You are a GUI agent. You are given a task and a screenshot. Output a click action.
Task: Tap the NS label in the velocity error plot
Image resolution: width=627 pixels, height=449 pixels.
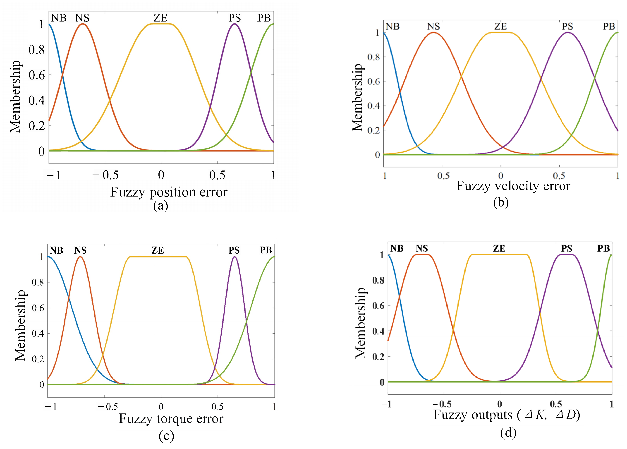click(433, 26)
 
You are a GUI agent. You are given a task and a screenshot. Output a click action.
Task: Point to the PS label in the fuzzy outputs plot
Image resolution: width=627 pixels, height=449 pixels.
click(566, 248)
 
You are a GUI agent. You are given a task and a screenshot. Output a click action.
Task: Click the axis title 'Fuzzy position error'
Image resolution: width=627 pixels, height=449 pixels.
click(169, 192)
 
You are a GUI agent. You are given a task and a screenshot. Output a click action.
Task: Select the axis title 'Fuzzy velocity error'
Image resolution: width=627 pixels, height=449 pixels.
click(513, 186)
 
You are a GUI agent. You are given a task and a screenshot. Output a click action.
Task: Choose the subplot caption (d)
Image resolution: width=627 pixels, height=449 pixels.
click(508, 433)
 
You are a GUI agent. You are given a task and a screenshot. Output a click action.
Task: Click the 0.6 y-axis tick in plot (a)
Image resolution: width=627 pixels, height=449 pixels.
click(36, 75)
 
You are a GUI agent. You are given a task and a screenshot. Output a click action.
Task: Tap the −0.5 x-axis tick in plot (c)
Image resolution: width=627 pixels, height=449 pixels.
click(108, 406)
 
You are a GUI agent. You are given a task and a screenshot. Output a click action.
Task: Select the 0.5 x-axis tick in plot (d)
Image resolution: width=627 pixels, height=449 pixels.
click(555, 404)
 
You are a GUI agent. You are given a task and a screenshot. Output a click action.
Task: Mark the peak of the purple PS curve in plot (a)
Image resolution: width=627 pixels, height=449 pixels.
click(234, 24)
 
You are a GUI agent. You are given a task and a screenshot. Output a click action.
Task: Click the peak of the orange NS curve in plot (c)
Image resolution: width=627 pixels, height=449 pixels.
click(80, 257)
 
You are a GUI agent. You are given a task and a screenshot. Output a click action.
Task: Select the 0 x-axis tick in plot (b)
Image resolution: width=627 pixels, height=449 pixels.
click(500, 176)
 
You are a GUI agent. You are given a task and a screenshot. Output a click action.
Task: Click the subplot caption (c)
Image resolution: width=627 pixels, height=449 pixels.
click(166, 436)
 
